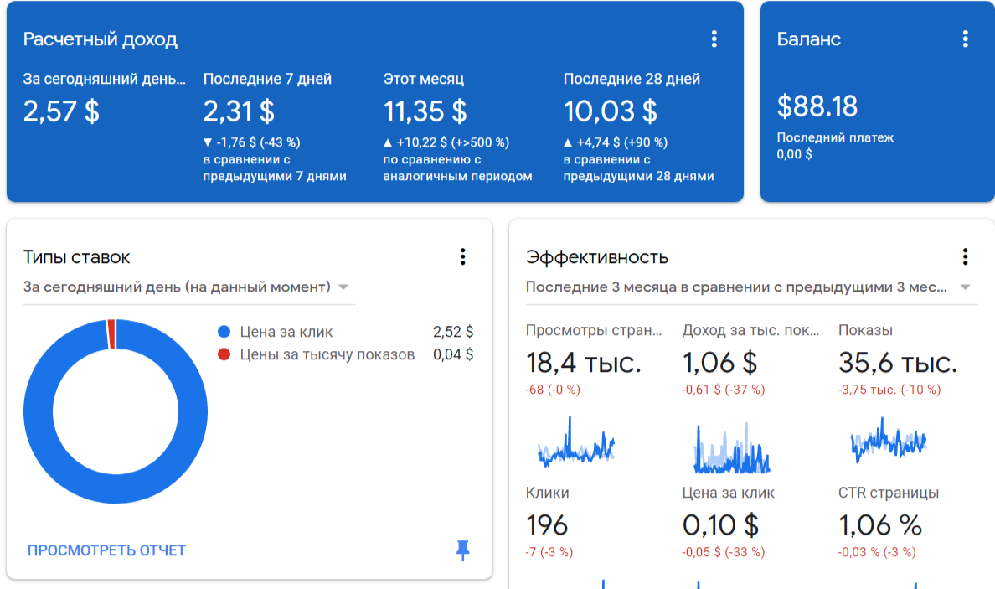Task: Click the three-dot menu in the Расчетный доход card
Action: tap(714, 39)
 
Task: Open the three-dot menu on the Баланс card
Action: tap(966, 39)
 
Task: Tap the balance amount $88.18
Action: tap(817, 106)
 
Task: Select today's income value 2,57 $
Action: tap(61, 111)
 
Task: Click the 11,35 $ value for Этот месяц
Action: tap(425, 111)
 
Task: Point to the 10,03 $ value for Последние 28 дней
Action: tap(611, 111)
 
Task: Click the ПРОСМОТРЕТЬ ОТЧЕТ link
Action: tap(106, 550)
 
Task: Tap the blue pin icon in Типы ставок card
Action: tap(463, 550)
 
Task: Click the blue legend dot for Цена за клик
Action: tap(224, 332)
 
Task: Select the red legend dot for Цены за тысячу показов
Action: tap(224, 354)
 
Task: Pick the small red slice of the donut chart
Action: tap(111, 334)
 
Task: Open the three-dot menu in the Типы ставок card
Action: tap(462, 257)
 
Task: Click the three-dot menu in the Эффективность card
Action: tap(966, 257)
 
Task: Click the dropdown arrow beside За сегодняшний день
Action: tap(343, 287)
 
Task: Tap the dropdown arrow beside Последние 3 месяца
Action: tap(965, 287)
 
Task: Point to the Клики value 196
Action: tap(547, 525)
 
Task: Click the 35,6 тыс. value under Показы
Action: tap(898, 363)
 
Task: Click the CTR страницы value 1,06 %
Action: tap(880, 525)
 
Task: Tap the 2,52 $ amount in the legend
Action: tap(453, 332)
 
